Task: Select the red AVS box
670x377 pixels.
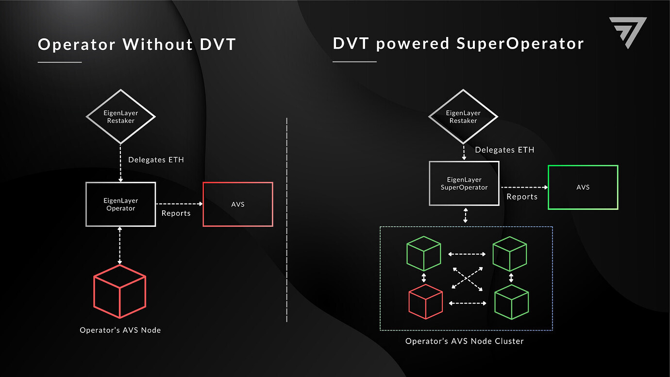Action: (x=238, y=204)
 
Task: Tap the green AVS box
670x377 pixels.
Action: (x=583, y=187)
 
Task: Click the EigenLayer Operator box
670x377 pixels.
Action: (x=120, y=204)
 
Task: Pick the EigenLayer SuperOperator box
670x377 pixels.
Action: (x=464, y=183)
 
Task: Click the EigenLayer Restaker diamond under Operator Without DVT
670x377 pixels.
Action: (x=120, y=117)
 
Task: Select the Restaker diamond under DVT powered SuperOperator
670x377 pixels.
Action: (x=463, y=117)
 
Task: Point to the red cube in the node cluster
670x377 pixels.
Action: (x=425, y=302)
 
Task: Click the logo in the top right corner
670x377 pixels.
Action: (x=628, y=32)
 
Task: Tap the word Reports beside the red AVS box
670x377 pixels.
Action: (x=176, y=213)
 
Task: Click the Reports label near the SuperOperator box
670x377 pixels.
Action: (x=522, y=197)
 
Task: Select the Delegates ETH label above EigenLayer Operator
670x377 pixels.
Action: (x=156, y=159)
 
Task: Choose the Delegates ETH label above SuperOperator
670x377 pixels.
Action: (x=504, y=150)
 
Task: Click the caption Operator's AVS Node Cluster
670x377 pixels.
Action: (x=464, y=341)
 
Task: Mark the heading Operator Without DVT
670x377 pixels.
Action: (x=136, y=45)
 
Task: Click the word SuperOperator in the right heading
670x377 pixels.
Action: (x=520, y=44)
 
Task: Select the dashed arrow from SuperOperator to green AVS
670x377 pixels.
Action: (x=523, y=187)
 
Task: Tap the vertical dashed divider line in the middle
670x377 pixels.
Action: (x=287, y=219)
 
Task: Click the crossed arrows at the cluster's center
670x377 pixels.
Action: (x=467, y=278)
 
